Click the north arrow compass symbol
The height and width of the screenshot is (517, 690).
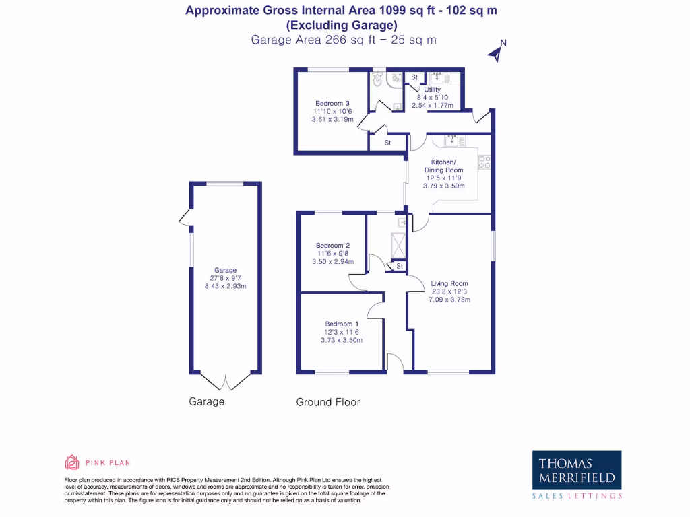coord(497,52)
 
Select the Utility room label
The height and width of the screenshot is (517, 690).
coord(432,90)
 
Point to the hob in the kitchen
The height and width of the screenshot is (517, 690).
coord(484,162)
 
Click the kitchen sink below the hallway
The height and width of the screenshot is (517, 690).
coord(450,140)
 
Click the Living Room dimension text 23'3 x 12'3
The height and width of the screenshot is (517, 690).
coord(449,291)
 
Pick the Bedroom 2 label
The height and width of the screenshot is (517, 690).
coord(333,246)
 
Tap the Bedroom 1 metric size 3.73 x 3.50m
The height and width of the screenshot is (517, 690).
coord(342,340)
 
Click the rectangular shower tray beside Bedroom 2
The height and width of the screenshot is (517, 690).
coord(400,246)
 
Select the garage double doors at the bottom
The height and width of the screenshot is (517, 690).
coord(225,381)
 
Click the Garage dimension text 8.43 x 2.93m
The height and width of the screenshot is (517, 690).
coord(225,286)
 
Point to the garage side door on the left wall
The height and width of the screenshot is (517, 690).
coord(184,217)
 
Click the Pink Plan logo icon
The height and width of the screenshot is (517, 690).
coord(72,462)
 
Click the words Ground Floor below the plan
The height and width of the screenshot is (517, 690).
coord(328,402)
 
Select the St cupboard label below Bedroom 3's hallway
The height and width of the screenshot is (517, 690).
coord(388,143)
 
